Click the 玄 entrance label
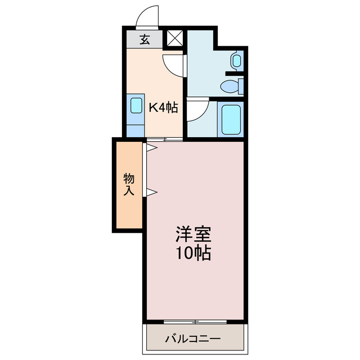tap(145, 40)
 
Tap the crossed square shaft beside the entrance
tap(175, 39)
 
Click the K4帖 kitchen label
tap(163, 107)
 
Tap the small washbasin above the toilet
tap(237, 60)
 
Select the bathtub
tap(231, 118)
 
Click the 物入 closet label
tap(129, 184)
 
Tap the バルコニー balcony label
tap(193, 339)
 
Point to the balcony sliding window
tap(195, 322)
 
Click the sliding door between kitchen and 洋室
tap(165, 139)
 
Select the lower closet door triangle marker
tap(151, 192)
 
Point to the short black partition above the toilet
tap(233, 73)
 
